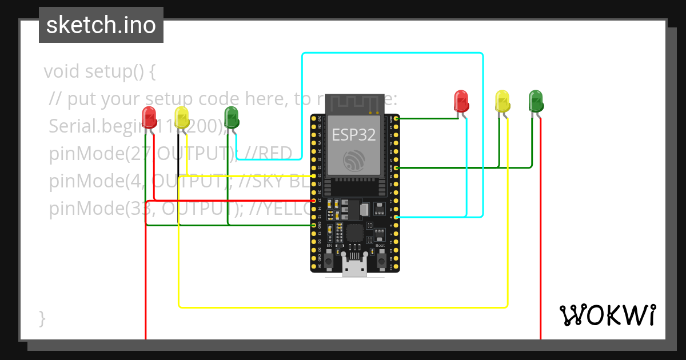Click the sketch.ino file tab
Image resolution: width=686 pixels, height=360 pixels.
(x=101, y=25)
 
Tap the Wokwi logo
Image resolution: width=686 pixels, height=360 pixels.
(x=607, y=315)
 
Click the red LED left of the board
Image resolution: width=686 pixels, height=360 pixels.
(x=149, y=117)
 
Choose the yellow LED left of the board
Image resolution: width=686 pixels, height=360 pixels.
(x=182, y=117)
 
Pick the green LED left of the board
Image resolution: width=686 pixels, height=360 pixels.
(x=232, y=117)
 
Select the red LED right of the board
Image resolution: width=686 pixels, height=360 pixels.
(x=461, y=101)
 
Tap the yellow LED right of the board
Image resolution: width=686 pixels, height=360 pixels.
(x=502, y=101)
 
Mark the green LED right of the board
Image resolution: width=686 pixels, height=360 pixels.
(x=536, y=101)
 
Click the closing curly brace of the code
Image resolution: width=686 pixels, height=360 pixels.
(x=42, y=318)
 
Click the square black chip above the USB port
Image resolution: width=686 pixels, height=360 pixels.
(x=355, y=232)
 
